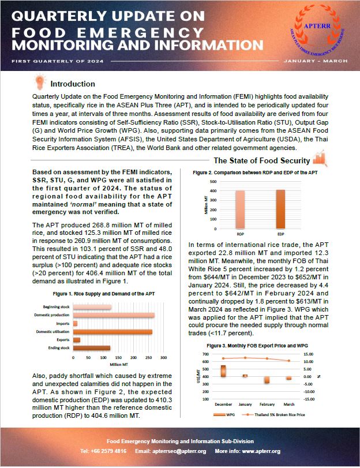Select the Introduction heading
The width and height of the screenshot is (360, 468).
[73, 84]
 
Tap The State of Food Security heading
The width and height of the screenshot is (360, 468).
[261, 160]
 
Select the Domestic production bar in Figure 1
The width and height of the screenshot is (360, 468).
[114, 315]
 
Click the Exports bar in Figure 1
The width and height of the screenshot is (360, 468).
[76, 340]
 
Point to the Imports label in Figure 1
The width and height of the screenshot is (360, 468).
[63, 323]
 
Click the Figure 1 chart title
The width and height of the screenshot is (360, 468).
[94, 294]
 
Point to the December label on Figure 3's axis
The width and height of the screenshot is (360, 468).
[223, 405]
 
